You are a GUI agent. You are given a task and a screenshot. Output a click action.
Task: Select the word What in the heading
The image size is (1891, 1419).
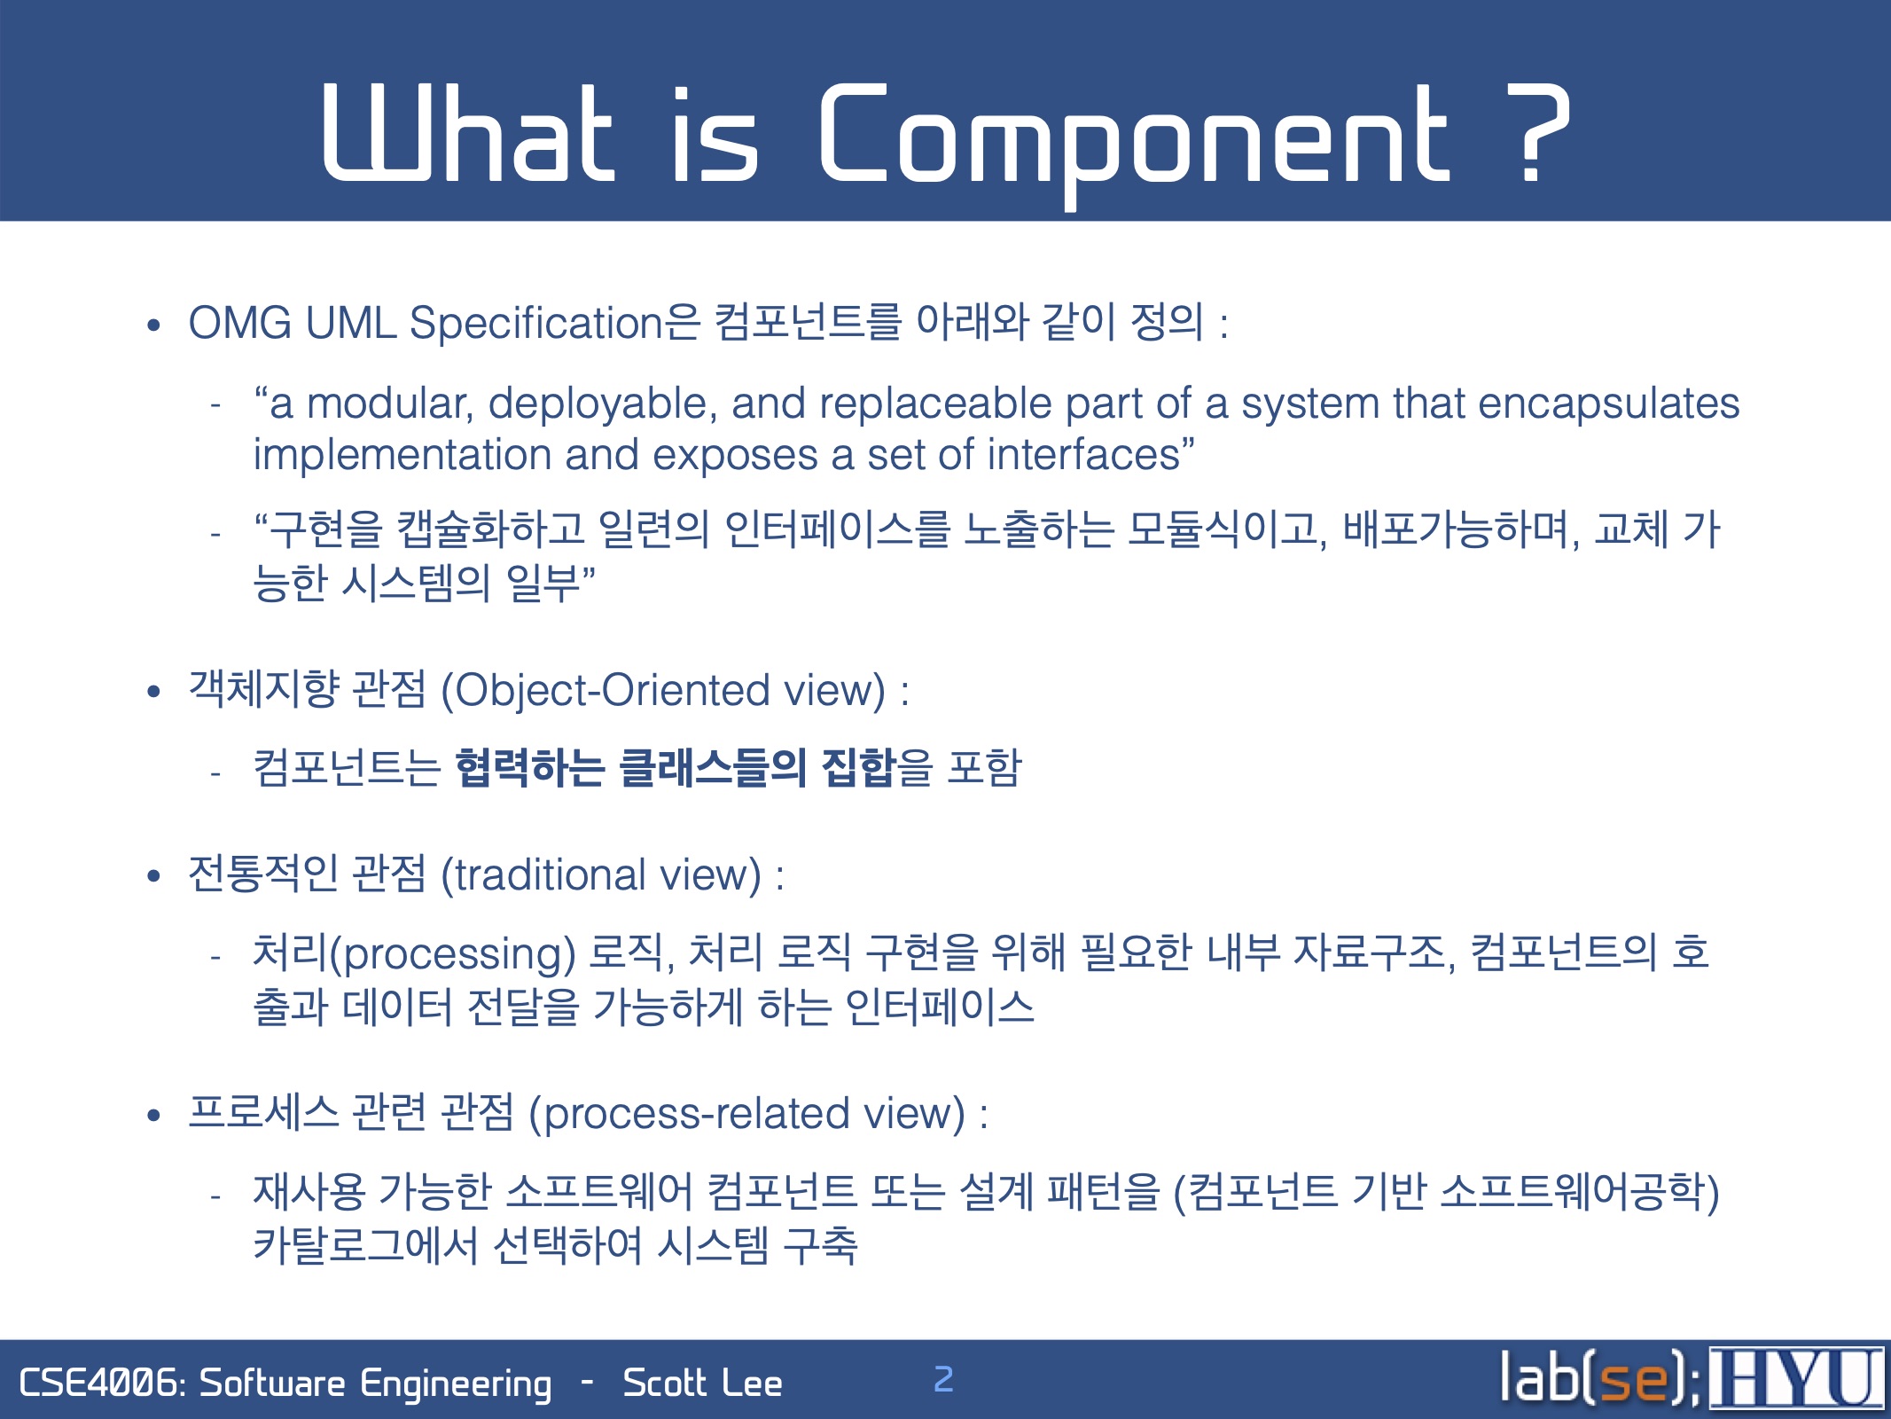pos(469,133)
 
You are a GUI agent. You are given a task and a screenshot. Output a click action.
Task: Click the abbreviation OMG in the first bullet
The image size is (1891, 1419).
pos(240,322)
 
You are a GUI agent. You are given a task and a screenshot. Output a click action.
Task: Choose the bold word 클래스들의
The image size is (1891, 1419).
pos(713,768)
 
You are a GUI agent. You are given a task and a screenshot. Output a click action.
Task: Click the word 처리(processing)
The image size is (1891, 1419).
pos(415,953)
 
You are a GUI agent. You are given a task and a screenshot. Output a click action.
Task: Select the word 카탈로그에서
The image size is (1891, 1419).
pos(365,1245)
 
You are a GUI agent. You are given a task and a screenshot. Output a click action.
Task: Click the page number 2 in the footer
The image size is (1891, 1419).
pos(943,1379)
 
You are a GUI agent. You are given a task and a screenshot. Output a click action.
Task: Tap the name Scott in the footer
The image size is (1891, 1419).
pos(663,1384)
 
